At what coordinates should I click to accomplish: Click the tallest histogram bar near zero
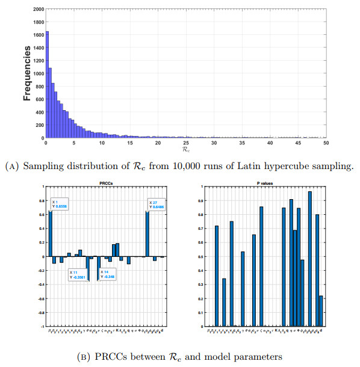point(47,84)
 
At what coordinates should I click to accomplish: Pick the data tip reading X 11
point(78,275)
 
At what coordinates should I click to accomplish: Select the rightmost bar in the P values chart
point(321,310)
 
